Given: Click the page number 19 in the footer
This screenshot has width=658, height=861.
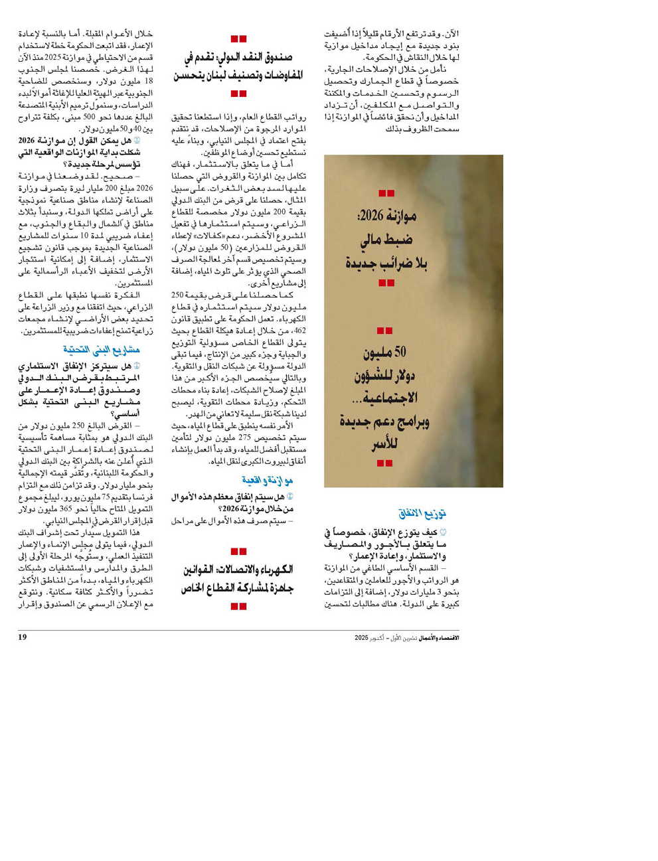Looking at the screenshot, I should (x=23, y=637).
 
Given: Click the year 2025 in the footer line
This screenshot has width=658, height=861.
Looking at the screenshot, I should (x=361, y=638).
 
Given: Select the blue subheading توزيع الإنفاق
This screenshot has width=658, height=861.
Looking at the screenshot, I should (x=422, y=514).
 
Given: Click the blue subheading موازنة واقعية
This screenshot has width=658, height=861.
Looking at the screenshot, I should (x=268, y=480).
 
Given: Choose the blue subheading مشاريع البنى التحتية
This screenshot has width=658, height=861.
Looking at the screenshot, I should (x=102, y=349).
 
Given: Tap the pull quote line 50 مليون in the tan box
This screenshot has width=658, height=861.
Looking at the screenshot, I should (x=385, y=352).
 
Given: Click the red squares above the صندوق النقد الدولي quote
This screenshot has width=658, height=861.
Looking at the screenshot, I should (x=238, y=39).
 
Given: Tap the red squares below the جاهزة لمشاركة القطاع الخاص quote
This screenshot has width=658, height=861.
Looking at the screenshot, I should (x=238, y=606).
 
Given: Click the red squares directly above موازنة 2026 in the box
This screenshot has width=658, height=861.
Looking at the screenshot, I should (x=386, y=193).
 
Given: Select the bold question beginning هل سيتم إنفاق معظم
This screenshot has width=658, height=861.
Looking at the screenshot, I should (x=233, y=503).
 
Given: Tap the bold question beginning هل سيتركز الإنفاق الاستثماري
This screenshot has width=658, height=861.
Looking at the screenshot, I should (x=80, y=390).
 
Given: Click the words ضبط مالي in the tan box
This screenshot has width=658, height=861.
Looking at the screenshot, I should (x=386, y=240).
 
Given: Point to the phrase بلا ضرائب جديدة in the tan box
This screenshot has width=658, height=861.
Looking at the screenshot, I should (x=386, y=264).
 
